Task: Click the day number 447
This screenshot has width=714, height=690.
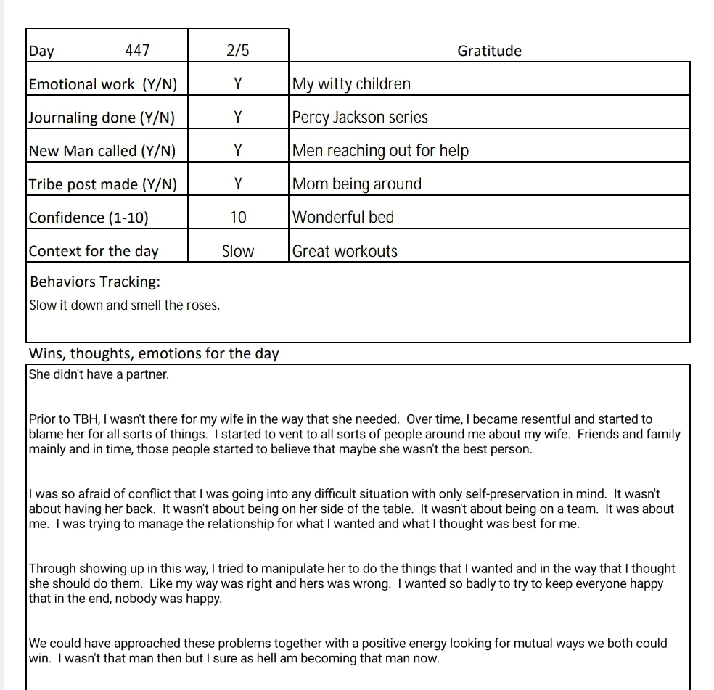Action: pyautogui.click(x=137, y=51)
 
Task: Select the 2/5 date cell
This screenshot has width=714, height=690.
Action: pyautogui.click(x=238, y=51)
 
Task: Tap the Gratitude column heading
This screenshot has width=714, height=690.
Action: pyautogui.click(x=489, y=51)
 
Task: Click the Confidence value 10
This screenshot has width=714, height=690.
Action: pyautogui.click(x=238, y=218)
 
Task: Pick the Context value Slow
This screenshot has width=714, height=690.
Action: pyautogui.click(x=238, y=252)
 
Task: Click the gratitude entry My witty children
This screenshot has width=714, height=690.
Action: pyautogui.click(x=351, y=84)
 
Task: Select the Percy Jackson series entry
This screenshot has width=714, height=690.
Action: pyautogui.click(x=360, y=118)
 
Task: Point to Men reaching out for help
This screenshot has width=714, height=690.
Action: pyautogui.click(x=380, y=151)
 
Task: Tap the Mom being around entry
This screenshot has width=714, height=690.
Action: pyautogui.click(x=356, y=184)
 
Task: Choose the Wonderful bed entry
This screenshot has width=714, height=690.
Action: pyautogui.click(x=343, y=218)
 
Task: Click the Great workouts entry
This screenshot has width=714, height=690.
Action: pyautogui.click(x=345, y=252)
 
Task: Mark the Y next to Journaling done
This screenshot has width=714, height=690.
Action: pyautogui.click(x=238, y=118)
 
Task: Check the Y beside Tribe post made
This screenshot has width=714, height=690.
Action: pyautogui.click(x=238, y=184)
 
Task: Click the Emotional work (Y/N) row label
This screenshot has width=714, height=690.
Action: pyautogui.click(x=102, y=84)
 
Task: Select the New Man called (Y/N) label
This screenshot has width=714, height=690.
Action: pyautogui.click(x=102, y=151)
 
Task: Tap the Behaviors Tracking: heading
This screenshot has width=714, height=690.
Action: pyautogui.click(x=95, y=282)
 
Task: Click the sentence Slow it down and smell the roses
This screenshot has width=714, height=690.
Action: pyautogui.click(x=124, y=305)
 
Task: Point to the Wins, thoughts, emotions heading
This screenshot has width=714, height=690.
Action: pyautogui.click(x=154, y=354)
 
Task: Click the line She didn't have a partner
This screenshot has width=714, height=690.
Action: pyautogui.click(x=99, y=375)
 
